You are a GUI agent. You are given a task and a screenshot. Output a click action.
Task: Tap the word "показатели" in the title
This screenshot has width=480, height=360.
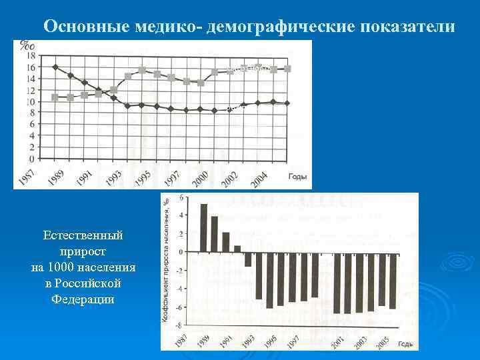click(409, 27)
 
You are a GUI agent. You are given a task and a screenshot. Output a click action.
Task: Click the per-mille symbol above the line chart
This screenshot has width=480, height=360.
click(27, 45)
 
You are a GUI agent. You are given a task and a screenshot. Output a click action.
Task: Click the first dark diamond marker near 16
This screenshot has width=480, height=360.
click(55, 67)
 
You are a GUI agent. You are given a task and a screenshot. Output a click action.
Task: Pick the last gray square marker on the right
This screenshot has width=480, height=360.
click(287, 69)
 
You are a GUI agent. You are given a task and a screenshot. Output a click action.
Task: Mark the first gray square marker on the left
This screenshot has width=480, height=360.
click(55, 97)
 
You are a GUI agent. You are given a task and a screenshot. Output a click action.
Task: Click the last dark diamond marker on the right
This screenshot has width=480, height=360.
click(287, 103)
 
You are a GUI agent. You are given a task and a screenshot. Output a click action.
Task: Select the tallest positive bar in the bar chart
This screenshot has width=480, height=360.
click(203, 227)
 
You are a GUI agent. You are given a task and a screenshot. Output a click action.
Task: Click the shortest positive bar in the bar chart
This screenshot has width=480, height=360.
click(237, 249)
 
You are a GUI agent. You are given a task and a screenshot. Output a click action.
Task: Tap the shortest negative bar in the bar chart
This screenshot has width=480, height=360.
click(248, 259)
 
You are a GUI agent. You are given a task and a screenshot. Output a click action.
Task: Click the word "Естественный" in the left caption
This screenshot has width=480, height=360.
click(83, 236)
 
